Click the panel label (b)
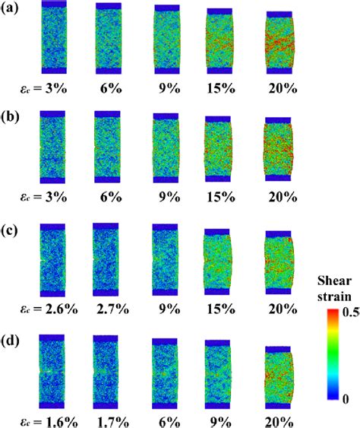coord(11,116)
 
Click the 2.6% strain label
coord(52,310)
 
